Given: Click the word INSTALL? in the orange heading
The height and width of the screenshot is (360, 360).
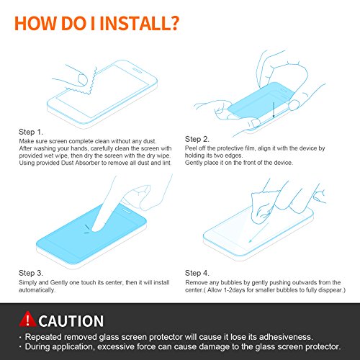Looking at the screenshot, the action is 139,23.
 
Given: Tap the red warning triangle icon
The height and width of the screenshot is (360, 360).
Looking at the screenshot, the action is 27,319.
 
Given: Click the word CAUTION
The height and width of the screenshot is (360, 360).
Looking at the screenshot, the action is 71,321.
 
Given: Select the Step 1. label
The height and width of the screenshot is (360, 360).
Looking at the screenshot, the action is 31,132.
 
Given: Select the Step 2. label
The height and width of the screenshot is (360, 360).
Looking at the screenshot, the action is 197,139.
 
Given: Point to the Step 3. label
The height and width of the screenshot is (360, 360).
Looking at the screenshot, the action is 31,273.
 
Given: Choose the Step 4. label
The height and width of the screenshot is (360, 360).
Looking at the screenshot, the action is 197,273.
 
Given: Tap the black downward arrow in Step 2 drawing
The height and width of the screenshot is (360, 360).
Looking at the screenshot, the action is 274,109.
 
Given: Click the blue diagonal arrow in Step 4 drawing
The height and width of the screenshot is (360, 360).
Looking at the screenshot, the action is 258,233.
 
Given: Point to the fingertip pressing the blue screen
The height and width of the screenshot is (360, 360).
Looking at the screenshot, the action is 96,228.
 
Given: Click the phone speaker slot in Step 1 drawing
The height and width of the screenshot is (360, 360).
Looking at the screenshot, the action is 138,70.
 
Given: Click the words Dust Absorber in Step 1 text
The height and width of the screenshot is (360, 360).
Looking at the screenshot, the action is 80,163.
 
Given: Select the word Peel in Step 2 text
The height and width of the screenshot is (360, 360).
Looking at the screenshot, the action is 191,148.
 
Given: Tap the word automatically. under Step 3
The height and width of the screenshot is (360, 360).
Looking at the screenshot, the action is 37,290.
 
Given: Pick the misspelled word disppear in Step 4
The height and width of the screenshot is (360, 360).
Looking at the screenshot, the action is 330,290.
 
